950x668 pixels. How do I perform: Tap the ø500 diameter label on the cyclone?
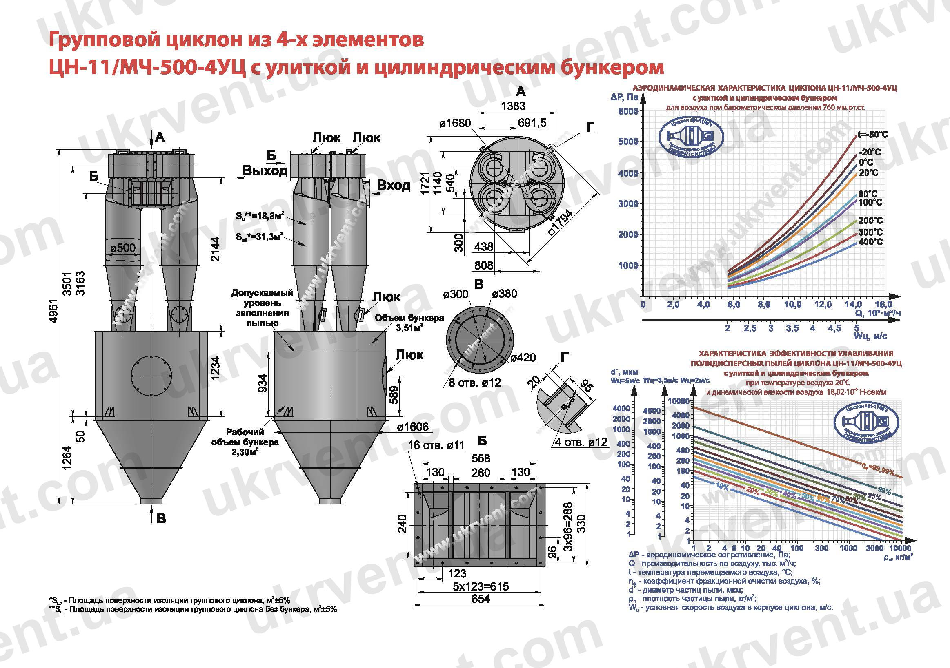coord(123,248)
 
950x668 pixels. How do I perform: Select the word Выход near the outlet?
coord(265,171)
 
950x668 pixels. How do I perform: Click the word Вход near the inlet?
coord(394,185)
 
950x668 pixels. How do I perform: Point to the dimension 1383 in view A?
coord(513,106)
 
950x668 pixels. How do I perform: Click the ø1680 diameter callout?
coord(455,123)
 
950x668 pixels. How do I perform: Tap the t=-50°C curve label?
coord(872,135)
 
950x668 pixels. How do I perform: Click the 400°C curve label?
coord(870,242)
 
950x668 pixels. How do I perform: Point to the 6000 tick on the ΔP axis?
coord(628,111)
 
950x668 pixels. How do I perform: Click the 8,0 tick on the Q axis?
coord(764,305)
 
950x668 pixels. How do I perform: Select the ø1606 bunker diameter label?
coord(412,427)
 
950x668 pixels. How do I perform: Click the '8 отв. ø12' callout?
coord(474,383)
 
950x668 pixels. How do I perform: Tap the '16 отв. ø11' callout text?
coord(436,445)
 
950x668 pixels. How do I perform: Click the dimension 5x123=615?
coord(481,586)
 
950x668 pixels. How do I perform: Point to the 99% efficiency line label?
coord(884,491)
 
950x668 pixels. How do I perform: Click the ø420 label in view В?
coord(523,358)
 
